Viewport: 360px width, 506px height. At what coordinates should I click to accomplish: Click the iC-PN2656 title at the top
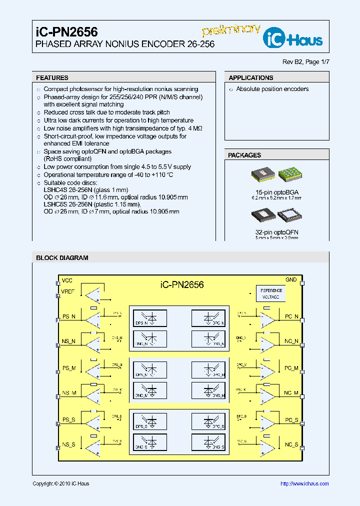pyautogui.click(x=66, y=32)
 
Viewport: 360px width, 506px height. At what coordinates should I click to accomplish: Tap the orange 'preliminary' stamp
pyautogui.click(x=231, y=29)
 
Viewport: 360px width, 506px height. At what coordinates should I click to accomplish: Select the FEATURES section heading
pyautogui.click(x=52, y=78)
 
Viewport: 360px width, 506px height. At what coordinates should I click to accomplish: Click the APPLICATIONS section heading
pyautogui.click(x=250, y=78)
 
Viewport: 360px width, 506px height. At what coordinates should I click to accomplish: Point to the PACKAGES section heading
pyautogui.click(x=244, y=155)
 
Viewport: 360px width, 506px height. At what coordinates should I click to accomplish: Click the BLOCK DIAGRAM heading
pyautogui.click(x=62, y=258)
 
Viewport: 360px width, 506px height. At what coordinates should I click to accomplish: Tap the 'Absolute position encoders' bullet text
pyautogui.click(x=272, y=89)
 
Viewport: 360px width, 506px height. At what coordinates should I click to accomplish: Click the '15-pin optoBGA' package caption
pyautogui.click(x=276, y=192)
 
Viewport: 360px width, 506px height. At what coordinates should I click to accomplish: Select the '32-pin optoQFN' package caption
pyautogui.click(x=276, y=232)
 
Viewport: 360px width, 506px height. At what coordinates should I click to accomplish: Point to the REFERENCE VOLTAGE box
pyautogui.click(x=270, y=293)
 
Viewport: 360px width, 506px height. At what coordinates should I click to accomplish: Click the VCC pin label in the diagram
pyautogui.click(x=66, y=280)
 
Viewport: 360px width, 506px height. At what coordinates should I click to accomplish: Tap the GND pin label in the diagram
pyautogui.click(x=290, y=280)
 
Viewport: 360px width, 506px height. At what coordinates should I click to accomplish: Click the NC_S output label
pyautogui.click(x=291, y=444)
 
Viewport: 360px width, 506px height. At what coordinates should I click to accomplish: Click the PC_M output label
pyautogui.click(x=291, y=368)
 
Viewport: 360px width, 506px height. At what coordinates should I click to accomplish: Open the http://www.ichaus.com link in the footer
pyautogui.click(x=304, y=483)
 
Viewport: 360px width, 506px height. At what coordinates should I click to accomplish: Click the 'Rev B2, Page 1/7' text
pyautogui.click(x=306, y=61)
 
